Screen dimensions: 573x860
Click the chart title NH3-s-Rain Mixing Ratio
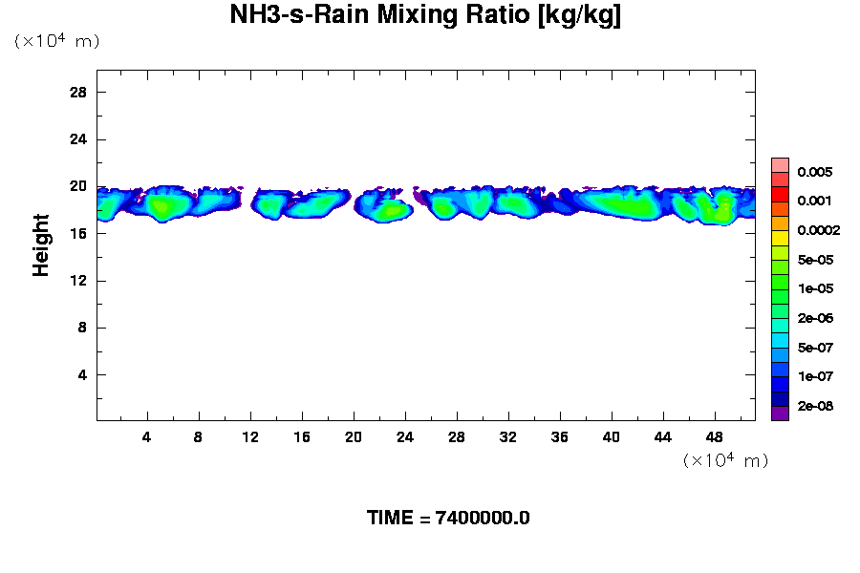tap(425, 16)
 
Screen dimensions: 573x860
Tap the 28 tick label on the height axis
tap(78, 92)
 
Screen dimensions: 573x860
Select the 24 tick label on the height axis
tap(78, 139)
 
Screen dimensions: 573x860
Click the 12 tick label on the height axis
tap(78, 281)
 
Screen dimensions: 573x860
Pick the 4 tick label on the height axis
tap(82, 374)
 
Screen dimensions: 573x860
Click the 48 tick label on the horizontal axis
tap(714, 436)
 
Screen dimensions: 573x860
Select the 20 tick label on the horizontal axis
tap(354, 436)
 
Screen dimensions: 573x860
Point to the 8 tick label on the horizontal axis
tap(199, 436)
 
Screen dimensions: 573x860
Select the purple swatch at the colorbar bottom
tap(780, 414)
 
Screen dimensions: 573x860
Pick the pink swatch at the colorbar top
tap(780, 164)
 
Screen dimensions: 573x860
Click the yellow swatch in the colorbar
tap(780, 238)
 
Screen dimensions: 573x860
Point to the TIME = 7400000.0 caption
tap(448, 519)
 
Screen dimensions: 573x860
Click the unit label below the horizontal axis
tap(725, 460)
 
